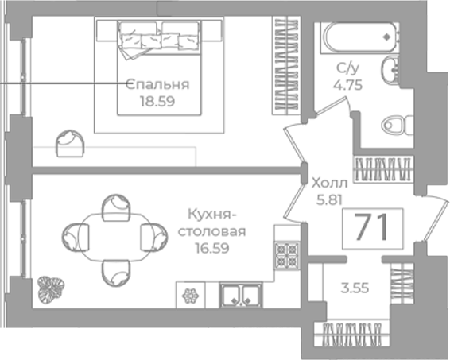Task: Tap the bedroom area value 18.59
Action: (x=157, y=101)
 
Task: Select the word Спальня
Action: (x=157, y=84)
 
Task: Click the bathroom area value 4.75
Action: (x=347, y=85)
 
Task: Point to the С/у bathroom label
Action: (x=347, y=69)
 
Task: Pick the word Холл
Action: (x=329, y=183)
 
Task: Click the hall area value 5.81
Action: (x=329, y=199)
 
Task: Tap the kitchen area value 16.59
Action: (x=211, y=248)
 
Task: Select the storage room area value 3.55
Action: (x=355, y=288)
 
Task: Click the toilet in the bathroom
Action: (x=398, y=125)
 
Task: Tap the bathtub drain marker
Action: (x=387, y=37)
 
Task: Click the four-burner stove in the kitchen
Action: (x=287, y=256)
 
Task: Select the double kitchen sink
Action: (x=241, y=295)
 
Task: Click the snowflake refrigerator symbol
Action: (x=191, y=296)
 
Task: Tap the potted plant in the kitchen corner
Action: (x=51, y=289)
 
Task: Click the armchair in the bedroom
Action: (x=70, y=143)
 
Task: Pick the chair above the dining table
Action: (x=116, y=207)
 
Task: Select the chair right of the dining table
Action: (x=154, y=237)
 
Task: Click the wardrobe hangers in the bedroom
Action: (x=285, y=66)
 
